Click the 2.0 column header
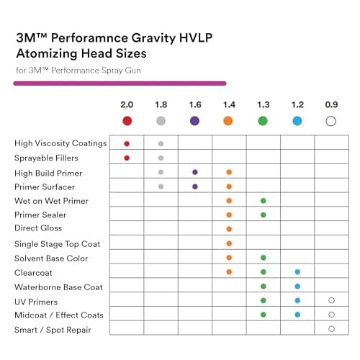click(127, 104)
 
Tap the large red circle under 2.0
click(127, 121)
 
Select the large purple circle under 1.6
click(194, 121)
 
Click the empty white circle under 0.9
click(331, 121)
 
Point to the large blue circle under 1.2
click(297, 121)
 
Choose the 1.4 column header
click(229, 104)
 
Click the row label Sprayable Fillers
click(46, 158)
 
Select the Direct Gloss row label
click(38, 228)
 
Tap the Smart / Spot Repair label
click(53, 330)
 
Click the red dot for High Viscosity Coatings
click(127, 144)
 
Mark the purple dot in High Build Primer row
click(195, 172)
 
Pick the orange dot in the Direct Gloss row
click(229, 229)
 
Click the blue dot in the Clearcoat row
click(297, 272)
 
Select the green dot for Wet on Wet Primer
click(264, 201)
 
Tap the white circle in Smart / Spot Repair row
click(332, 329)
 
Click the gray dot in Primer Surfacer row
click(161, 186)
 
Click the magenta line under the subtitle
click(120, 84)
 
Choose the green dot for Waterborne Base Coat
click(264, 287)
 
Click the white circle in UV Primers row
click(332, 300)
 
